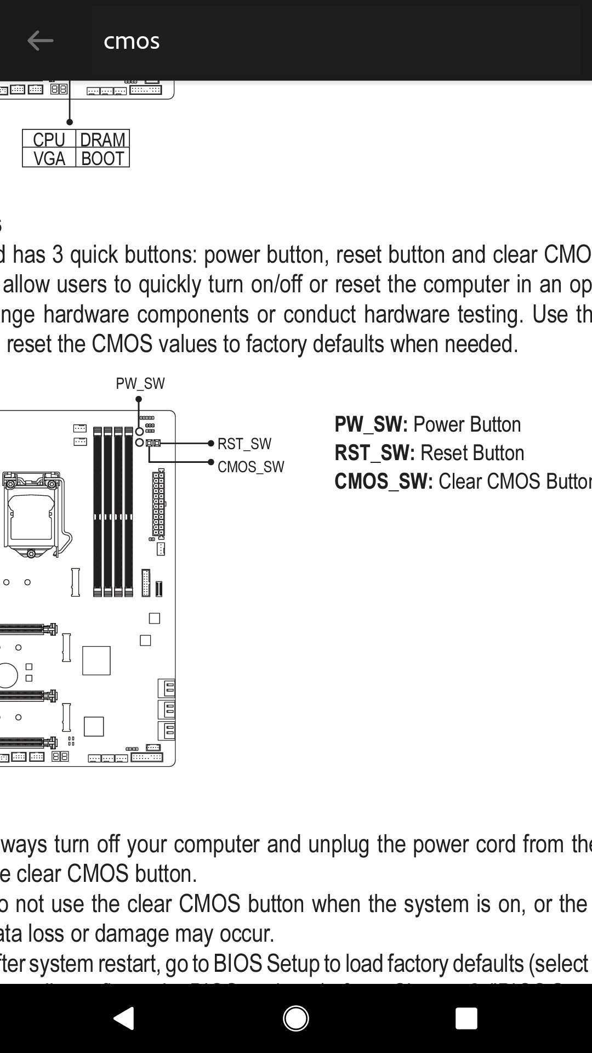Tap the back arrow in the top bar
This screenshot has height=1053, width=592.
point(40,41)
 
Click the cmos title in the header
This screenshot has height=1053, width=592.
point(132,41)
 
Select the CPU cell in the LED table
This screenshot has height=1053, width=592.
point(49,139)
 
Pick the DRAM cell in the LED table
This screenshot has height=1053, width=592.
point(103,139)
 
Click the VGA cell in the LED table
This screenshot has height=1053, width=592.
point(49,158)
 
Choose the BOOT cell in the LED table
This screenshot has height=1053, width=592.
point(103,158)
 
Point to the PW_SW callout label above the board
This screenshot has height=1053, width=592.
point(140,383)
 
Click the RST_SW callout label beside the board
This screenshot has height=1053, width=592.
point(244,444)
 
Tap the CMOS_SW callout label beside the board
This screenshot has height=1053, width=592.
point(251,467)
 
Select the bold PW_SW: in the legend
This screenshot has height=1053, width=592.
point(371,424)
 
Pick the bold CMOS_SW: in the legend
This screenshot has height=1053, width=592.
point(384,482)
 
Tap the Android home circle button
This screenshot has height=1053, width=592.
point(296,1018)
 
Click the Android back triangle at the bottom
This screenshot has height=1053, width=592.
point(124,1018)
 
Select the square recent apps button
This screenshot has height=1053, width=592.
point(466,1018)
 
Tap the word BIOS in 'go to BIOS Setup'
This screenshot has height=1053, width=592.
point(237,964)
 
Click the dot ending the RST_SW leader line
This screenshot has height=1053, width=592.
point(211,443)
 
